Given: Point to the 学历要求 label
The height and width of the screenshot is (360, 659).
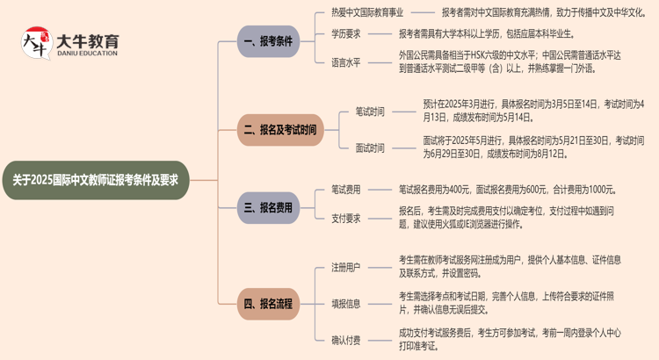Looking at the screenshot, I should tap(345, 34).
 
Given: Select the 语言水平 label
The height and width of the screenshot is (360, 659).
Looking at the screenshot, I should tap(345, 62).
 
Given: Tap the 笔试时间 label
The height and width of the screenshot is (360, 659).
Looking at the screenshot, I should tap(370, 112).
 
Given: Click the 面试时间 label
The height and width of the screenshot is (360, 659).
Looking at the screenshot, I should tap(370, 148).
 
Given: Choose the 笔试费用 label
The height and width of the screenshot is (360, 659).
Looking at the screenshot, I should tap(345, 190).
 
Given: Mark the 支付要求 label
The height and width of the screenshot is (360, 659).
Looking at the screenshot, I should tap(345, 219).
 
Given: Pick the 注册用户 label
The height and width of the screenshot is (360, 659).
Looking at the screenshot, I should tap(345, 266).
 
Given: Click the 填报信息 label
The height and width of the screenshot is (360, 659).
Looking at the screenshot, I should tap(345, 303).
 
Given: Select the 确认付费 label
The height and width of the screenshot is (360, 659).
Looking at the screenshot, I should tap(345, 339).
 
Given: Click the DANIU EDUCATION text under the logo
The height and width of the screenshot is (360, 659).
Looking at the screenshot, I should tap(88, 54).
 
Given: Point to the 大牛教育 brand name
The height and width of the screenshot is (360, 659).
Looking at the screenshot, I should tap(88, 40).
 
